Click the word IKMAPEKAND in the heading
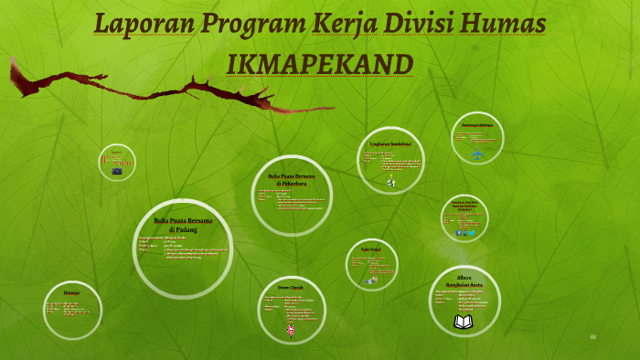pos(320,63)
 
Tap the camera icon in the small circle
pos(117,171)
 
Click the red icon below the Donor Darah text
pos(291,330)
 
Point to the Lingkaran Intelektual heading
pos(390,144)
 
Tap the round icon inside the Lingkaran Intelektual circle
pos(391,182)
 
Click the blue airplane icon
pos(477,153)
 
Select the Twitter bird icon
pos(473,233)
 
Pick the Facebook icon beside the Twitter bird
pos(458,233)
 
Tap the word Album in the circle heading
pos(464,275)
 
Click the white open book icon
pos(464,322)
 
